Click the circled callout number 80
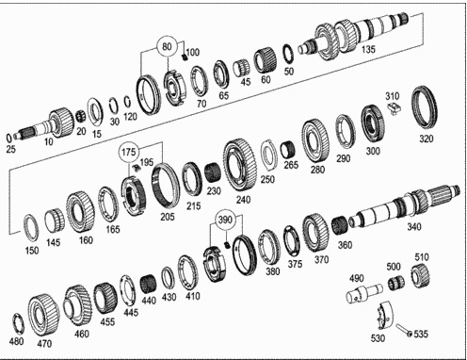(x=167, y=47)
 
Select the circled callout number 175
(x=128, y=153)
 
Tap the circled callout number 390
(x=225, y=220)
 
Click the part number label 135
(x=368, y=49)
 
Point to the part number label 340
(x=413, y=226)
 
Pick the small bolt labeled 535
(x=403, y=330)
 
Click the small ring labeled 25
(x=9, y=138)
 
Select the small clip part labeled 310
(x=395, y=108)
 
